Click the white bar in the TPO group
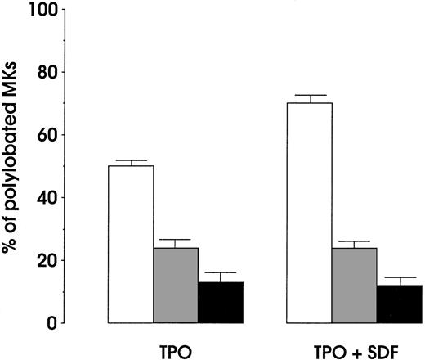point(131,244)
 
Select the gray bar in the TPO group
point(176,285)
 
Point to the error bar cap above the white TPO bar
point(131,160)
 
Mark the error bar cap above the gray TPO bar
point(176,240)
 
